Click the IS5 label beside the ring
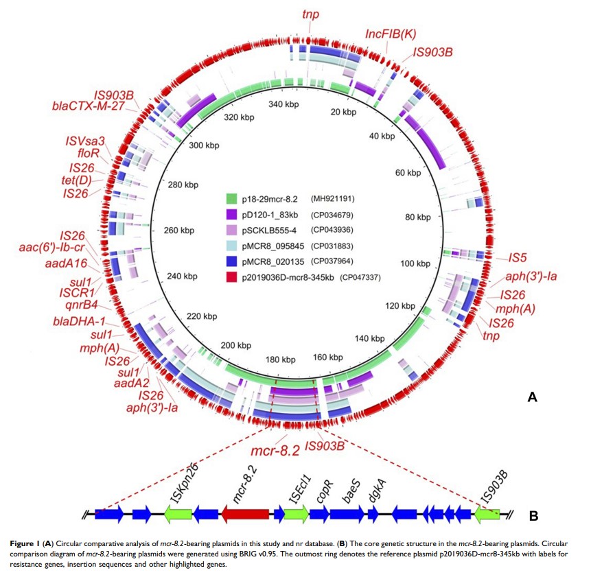coord(518,257)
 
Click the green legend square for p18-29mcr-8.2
coord(234,199)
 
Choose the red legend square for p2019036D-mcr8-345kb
coord(234,277)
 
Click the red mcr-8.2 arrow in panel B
coord(245,513)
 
